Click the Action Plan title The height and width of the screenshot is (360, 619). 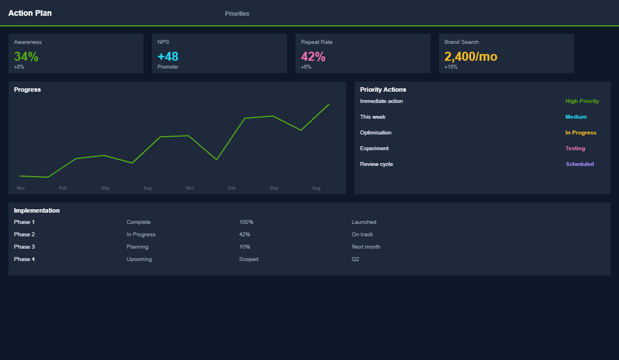click(x=30, y=13)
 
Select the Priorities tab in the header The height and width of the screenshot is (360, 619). click(x=237, y=13)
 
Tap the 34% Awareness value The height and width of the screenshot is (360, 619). click(x=26, y=56)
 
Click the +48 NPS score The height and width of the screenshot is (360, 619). click(x=168, y=56)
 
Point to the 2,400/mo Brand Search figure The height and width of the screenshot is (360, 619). click(x=470, y=56)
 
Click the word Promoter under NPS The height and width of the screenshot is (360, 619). click(x=168, y=67)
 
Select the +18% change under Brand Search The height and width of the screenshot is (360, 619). click(x=451, y=67)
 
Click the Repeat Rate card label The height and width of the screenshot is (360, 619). click(x=316, y=42)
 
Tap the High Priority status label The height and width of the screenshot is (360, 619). click(x=582, y=101)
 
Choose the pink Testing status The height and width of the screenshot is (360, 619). click(x=575, y=148)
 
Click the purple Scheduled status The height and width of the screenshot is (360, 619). click(x=580, y=164)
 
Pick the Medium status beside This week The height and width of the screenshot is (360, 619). click(x=576, y=117)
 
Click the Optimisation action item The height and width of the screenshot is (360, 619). click(x=375, y=133)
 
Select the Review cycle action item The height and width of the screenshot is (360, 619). click(x=376, y=164)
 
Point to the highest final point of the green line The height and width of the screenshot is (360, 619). click(x=329, y=104)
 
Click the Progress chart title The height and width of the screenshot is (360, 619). click(x=28, y=89)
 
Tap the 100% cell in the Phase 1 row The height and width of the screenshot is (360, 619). click(x=246, y=222)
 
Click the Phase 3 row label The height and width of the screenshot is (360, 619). click(x=24, y=247)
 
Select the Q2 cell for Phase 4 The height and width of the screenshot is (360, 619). click(x=355, y=259)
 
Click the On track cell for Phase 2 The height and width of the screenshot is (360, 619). click(x=362, y=235)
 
